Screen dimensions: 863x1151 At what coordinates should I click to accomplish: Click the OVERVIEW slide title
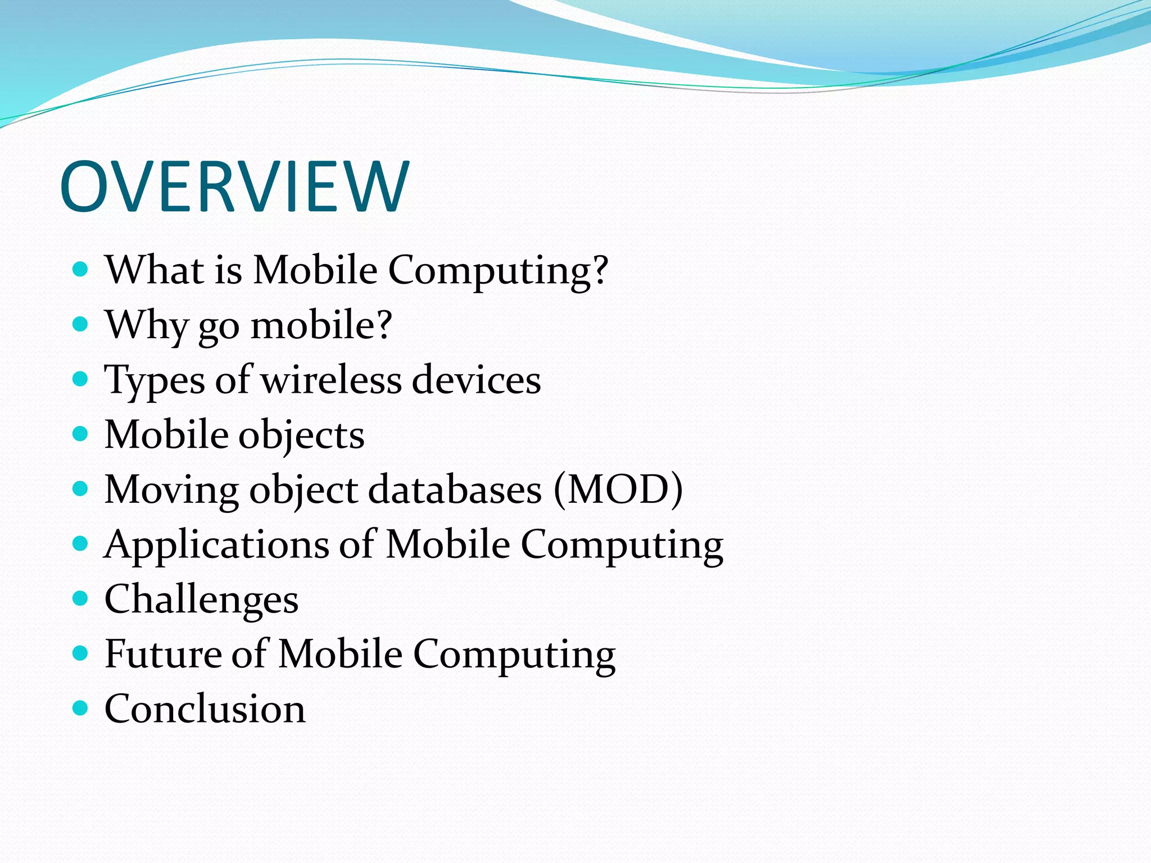(234, 187)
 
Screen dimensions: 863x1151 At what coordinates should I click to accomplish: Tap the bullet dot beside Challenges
(81, 598)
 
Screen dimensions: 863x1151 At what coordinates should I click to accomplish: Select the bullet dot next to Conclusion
(81, 707)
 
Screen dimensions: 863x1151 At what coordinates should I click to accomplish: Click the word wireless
(332, 379)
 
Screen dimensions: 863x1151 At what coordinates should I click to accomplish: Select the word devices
(477, 379)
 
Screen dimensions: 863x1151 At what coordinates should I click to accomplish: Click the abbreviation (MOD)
(618, 489)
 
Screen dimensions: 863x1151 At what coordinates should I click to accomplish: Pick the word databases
(455, 489)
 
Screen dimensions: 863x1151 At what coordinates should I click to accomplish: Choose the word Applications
(216, 544)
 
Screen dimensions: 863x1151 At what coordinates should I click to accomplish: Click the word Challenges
(201, 599)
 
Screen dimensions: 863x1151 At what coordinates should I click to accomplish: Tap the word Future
(163, 653)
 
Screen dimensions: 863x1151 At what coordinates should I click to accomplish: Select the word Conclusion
(205, 708)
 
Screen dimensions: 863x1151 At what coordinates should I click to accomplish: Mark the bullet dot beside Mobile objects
(81, 434)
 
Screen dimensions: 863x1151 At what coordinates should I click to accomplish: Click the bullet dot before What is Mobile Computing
(81, 269)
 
